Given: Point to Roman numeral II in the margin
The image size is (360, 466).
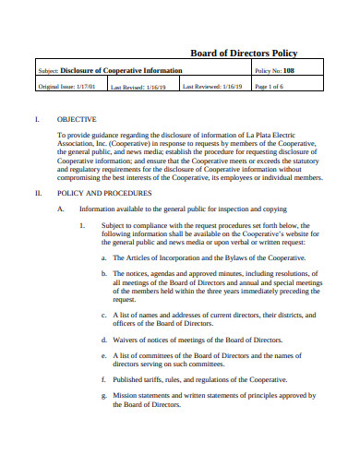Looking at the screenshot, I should pyautogui.click(x=38, y=194).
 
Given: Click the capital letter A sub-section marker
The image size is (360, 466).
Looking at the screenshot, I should pyautogui.click(x=60, y=209).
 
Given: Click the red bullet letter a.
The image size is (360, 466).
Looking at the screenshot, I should pyautogui.click(x=102, y=259).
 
